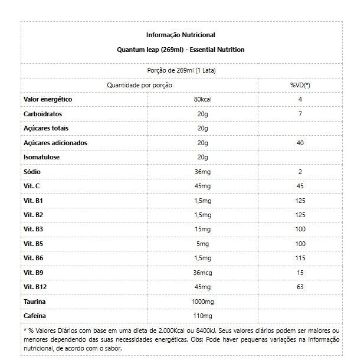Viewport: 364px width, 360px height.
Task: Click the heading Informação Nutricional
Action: click(181, 35)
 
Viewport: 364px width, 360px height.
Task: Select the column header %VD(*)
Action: click(300, 85)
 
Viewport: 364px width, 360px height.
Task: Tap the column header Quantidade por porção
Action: click(139, 85)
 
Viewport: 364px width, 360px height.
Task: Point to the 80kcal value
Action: click(202, 99)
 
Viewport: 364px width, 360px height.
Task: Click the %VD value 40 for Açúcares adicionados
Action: click(300, 142)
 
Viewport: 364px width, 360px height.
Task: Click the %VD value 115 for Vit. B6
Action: click(300, 257)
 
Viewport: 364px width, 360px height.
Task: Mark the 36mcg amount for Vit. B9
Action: click(202, 272)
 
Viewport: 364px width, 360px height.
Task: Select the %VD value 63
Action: click(300, 286)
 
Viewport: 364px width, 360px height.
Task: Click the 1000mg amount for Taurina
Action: click(202, 301)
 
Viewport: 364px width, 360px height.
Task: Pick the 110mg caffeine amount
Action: click(202, 315)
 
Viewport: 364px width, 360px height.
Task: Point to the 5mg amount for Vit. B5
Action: click(202, 243)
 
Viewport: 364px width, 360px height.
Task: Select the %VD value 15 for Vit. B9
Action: click(300, 272)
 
